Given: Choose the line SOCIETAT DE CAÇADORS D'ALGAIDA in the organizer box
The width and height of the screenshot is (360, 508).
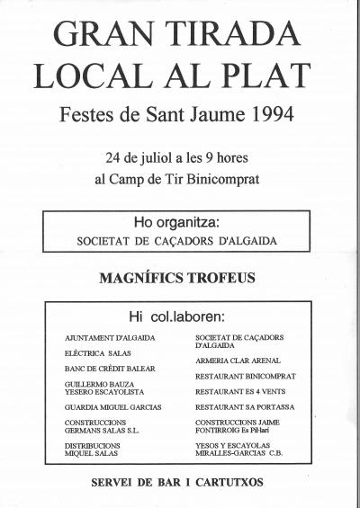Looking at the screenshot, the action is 180,242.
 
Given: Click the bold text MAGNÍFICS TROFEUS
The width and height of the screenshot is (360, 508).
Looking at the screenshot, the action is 180,279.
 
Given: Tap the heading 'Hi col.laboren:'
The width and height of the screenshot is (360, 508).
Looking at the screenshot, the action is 180,316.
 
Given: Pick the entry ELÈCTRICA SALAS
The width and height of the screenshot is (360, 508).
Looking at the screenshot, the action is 91,353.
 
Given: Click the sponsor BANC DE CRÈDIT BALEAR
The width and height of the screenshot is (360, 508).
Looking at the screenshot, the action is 110,369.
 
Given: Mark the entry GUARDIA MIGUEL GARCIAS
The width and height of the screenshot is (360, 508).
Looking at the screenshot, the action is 112,406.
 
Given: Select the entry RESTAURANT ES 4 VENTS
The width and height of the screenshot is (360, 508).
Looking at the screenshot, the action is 241,390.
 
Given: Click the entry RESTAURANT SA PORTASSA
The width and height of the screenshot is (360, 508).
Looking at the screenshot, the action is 245,406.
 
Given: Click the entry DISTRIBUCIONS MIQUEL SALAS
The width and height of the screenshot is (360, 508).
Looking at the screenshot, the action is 93,450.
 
